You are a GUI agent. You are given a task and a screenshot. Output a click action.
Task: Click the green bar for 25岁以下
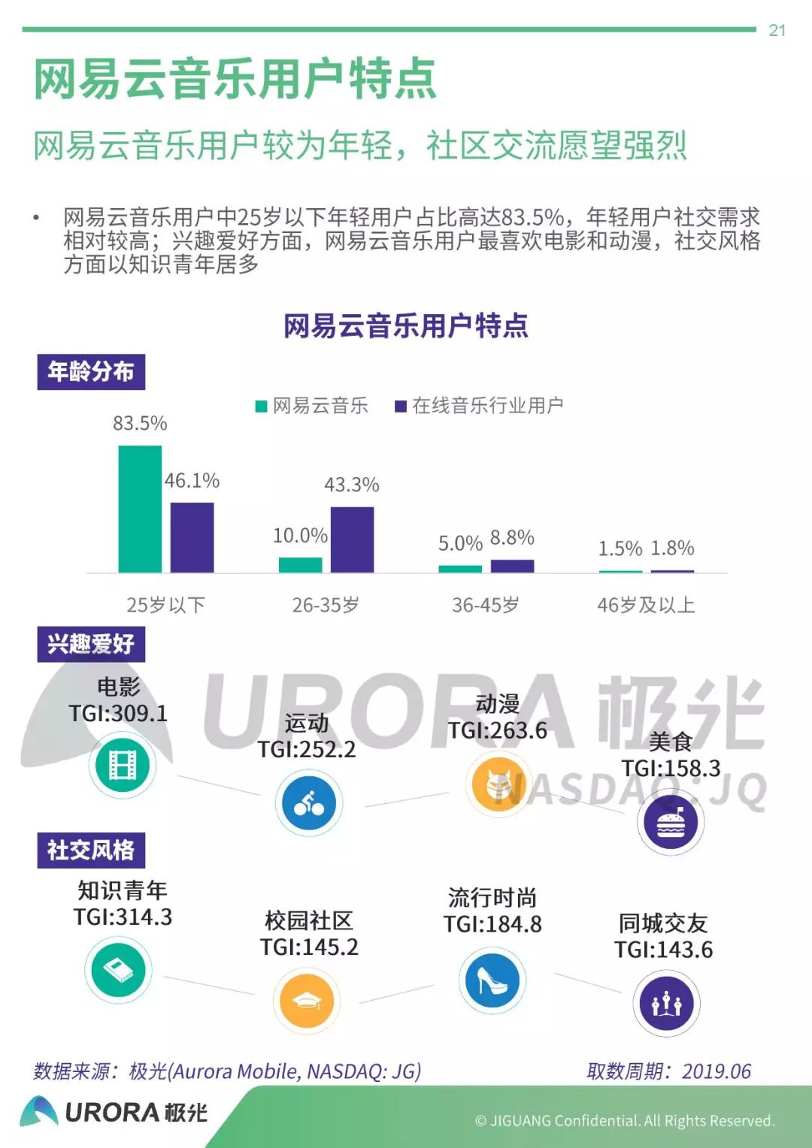coord(140,509)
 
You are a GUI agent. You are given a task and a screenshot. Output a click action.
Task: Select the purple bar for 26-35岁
coord(352,539)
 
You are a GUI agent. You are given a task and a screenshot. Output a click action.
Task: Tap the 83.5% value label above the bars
coord(140,423)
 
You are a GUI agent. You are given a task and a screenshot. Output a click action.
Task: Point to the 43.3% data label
coord(352,485)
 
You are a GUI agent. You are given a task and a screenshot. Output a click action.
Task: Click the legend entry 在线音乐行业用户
coord(480,406)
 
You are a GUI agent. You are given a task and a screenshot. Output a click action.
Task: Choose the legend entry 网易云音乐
coord(313,406)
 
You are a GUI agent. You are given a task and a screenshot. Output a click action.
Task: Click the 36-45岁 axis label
coord(486,605)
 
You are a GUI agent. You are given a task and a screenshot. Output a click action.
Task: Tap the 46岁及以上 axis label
coord(646,605)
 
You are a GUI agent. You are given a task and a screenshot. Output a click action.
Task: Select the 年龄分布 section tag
coord(91,372)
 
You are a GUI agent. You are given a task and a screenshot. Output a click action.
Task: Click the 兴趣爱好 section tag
coord(91,644)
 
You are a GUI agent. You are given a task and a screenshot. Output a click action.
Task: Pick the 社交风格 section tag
coord(91,850)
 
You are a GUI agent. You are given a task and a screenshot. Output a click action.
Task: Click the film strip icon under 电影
coord(123,765)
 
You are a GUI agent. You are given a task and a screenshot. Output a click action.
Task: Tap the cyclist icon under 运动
coord(308,803)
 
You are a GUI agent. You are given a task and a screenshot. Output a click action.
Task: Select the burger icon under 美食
coord(671,822)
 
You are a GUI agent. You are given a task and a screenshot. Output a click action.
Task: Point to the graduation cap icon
coord(306,1001)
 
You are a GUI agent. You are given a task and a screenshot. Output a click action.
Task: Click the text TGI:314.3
coord(123,917)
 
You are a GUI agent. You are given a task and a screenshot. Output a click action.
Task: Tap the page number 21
coord(777,30)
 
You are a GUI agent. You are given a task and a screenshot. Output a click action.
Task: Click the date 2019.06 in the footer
coord(717,1071)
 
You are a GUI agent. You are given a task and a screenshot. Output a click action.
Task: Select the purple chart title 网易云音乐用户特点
coord(406,325)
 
